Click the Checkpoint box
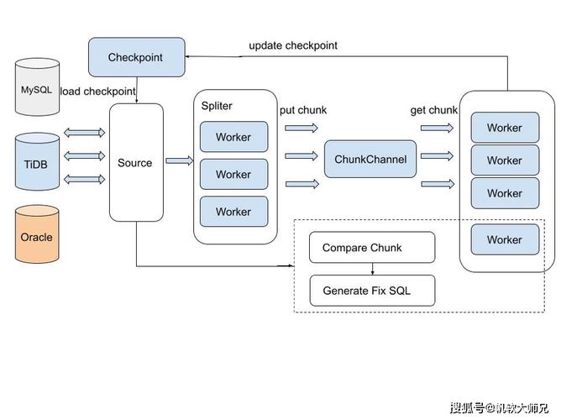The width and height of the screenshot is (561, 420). (x=136, y=57)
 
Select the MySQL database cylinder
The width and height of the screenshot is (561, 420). (x=36, y=87)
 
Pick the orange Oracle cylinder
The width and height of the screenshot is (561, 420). (x=36, y=236)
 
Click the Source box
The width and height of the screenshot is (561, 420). (x=135, y=162)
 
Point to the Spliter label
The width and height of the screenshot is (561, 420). (x=217, y=106)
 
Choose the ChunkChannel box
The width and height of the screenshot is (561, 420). (x=370, y=159)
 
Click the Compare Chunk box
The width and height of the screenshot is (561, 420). (x=372, y=248)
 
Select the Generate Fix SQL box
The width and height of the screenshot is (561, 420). (x=372, y=291)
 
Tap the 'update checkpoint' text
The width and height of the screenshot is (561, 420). (x=293, y=45)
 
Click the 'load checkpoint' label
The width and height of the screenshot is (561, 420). (x=99, y=91)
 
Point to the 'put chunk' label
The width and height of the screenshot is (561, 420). (x=303, y=110)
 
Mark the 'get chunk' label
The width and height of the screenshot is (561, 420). (x=433, y=110)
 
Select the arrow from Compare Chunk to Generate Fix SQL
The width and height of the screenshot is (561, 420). (x=372, y=269)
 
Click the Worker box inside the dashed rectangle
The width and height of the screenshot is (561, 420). (x=504, y=239)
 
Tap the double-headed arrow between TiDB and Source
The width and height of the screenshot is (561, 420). (x=84, y=155)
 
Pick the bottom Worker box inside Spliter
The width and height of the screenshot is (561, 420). (x=233, y=212)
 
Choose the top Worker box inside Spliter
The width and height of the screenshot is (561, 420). (x=233, y=137)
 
